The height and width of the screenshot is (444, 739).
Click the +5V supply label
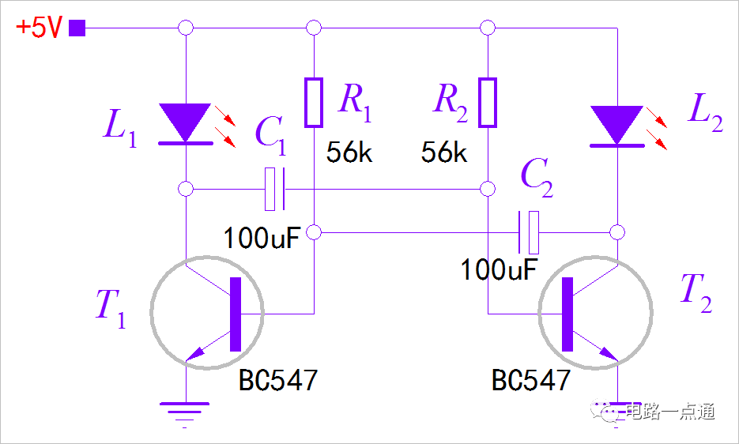pos(39,28)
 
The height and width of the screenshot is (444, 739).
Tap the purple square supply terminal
pos(77,28)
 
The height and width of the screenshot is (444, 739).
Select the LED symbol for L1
pos(186,123)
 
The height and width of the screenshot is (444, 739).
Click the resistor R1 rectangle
pos(314,103)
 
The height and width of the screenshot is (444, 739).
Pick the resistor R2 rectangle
pos(488,103)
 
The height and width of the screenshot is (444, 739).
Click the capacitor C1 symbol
pos(274,189)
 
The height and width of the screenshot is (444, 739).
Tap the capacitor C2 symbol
pos(529,232)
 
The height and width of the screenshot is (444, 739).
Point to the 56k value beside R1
pos(349,152)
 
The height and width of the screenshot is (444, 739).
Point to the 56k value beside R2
pos(444,152)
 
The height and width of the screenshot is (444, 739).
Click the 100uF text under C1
pos(262,238)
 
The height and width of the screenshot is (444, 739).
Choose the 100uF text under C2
pos(499,269)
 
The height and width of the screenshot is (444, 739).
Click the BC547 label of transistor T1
pos(278,380)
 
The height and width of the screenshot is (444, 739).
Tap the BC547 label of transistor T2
pos(531,380)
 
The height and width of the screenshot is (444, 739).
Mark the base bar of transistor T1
pos(236,314)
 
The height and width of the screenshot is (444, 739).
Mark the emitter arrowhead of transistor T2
pos(609,354)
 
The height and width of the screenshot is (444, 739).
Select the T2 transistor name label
pos(696,293)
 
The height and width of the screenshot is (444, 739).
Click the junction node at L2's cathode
pos(617,232)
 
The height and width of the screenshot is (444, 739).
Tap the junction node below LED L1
pos(186,189)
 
